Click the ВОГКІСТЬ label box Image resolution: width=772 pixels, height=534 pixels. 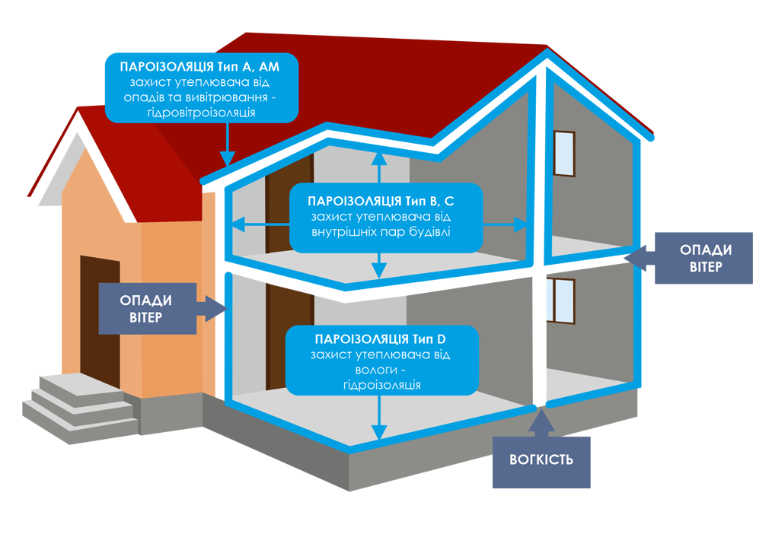pyautogui.click(x=541, y=461)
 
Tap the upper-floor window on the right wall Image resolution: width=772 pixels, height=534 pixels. pyautogui.click(x=563, y=155)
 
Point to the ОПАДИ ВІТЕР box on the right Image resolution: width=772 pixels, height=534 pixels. pyautogui.click(x=703, y=258)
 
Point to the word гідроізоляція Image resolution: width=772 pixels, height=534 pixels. pyautogui.click(x=381, y=385)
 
